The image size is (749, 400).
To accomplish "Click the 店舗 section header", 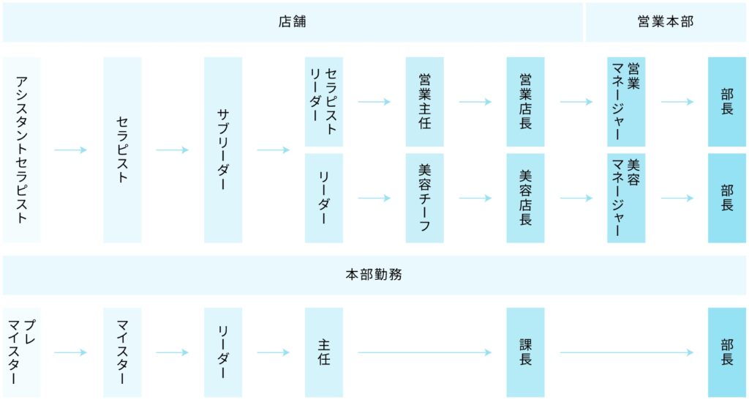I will tap(293, 22).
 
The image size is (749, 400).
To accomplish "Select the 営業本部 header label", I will tap(665, 22).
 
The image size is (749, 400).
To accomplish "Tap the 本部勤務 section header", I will tap(374, 275).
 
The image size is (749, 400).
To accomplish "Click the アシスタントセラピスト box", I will tap(22, 150).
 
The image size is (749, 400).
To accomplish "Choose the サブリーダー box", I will tap(223, 150).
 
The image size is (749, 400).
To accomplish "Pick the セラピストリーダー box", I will tap(323, 102).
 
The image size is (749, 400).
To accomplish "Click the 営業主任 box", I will tap(424, 102).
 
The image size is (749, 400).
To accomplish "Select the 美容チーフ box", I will tap(424, 198).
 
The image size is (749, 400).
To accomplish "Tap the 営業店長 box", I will tap(525, 102).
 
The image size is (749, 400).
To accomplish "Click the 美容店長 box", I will tap(525, 198).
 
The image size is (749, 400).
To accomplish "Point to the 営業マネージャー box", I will tap(626, 102).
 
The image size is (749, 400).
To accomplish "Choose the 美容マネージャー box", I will tap(626, 198).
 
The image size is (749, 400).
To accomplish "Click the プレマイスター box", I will tap(22, 352).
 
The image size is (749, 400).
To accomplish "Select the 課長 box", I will tap(525, 352).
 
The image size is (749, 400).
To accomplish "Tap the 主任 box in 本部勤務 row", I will tap(323, 352).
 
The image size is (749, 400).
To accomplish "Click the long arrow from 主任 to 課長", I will tap(424, 352).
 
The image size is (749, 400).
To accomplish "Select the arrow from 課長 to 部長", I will tap(626, 352).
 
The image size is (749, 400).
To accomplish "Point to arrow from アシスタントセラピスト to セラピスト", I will tap(71, 150).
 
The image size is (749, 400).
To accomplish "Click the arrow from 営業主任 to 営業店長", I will tap(475, 102).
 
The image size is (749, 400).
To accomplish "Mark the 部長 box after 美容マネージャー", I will tap(726, 198).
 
